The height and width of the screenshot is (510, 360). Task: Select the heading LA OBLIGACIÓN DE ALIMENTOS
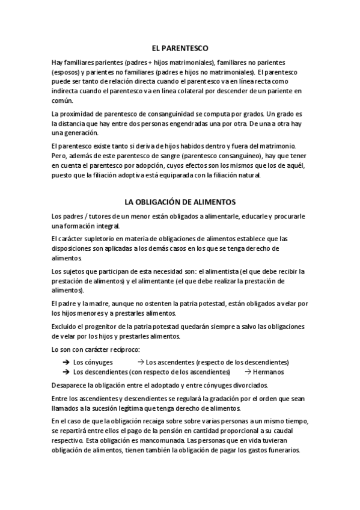tap(180, 202)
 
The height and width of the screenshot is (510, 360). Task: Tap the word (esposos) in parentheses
tap(66, 72)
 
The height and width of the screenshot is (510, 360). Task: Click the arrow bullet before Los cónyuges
tap(65, 363)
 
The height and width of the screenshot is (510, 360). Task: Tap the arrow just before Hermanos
tap(248, 372)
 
